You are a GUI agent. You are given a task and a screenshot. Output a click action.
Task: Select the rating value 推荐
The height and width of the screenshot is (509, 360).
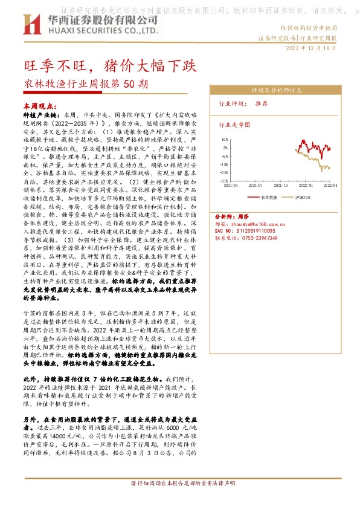pyautogui.click(x=261, y=103)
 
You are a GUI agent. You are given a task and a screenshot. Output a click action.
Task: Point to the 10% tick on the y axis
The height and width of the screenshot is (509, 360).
pyautogui.click(x=224, y=138)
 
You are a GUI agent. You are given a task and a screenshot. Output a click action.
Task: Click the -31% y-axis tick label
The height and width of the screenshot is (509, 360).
pyautogui.click(x=223, y=180)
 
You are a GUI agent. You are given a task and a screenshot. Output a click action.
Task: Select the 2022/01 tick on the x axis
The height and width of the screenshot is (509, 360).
pyautogui.click(x=303, y=186)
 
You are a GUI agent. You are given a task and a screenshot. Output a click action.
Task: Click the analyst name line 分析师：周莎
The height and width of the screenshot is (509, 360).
pyautogui.click(x=232, y=216)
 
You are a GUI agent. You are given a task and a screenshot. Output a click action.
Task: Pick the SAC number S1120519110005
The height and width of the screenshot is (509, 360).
pyautogui.click(x=245, y=231)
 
